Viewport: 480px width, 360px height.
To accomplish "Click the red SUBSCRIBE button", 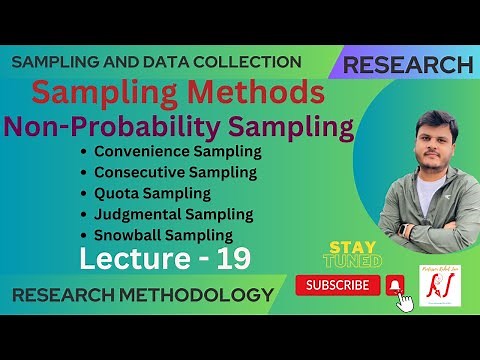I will click(x=338, y=286).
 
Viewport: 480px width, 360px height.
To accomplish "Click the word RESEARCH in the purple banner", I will click(x=407, y=65).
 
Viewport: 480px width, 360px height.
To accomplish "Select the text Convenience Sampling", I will click(x=178, y=152).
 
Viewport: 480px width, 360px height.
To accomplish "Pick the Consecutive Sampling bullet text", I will click(x=176, y=173).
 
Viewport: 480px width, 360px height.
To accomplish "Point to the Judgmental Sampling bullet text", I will click(x=173, y=215).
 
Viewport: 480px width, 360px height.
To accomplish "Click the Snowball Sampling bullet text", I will click(x=164, y=236).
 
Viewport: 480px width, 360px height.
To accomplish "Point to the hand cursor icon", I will click(x=405, y=301).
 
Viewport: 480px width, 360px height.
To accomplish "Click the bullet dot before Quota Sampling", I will click(x=86, y=194).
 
